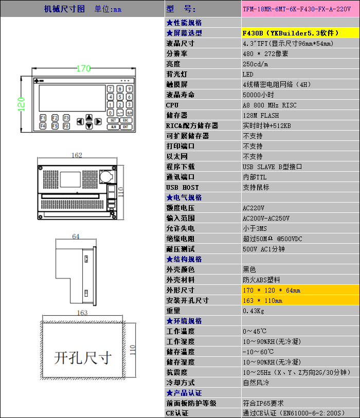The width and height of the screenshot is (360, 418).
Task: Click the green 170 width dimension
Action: tap(84, 68)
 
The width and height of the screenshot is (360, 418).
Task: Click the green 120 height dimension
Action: tap(21, 104)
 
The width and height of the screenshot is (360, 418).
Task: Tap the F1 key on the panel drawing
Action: tap(43, 118)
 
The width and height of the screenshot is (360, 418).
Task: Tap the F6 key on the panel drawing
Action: tap(66, 126)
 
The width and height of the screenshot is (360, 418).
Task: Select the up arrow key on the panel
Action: tap(89, 117)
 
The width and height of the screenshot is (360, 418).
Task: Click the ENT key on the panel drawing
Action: tap(125, 126)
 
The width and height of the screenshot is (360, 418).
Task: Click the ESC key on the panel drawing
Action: tap(125, 120)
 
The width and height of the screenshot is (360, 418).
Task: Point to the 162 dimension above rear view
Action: tap(77, 155)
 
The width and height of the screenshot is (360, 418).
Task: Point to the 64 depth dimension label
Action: tap(76, 237)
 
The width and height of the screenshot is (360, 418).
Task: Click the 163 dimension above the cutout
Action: tap(82, 313)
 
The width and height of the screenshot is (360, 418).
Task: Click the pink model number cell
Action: tap(300, 9)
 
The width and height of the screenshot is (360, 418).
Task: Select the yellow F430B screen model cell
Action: tap(300, 33)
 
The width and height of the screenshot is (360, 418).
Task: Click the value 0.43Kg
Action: tap(254, 311)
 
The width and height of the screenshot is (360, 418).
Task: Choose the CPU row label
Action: tap(172, 105)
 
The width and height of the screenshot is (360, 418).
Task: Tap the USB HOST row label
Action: tap(183, 188)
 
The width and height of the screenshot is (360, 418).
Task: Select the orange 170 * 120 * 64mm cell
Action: tap(300, 290)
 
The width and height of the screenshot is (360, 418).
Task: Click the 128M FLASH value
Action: tap(261, 116)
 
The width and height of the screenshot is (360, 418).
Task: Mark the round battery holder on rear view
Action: tap(106, 176)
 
